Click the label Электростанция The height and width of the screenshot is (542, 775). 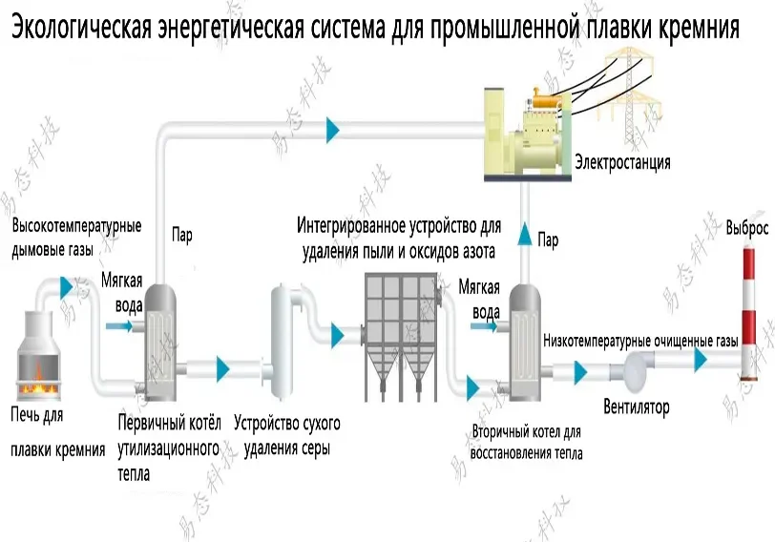(x=621, y=162)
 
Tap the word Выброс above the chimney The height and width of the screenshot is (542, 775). (x=746, y=229)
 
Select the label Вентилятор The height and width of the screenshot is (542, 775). (x=637, y=407)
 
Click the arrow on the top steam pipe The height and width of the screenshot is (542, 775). (x=332, y=127)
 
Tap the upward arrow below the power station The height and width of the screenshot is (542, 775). (x=522, y=232)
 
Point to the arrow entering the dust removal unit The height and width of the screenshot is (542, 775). (x=338, y=333)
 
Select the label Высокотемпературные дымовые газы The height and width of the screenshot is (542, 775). (x=76, y=239)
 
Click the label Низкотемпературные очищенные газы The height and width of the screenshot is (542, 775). (x=640, y=341)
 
